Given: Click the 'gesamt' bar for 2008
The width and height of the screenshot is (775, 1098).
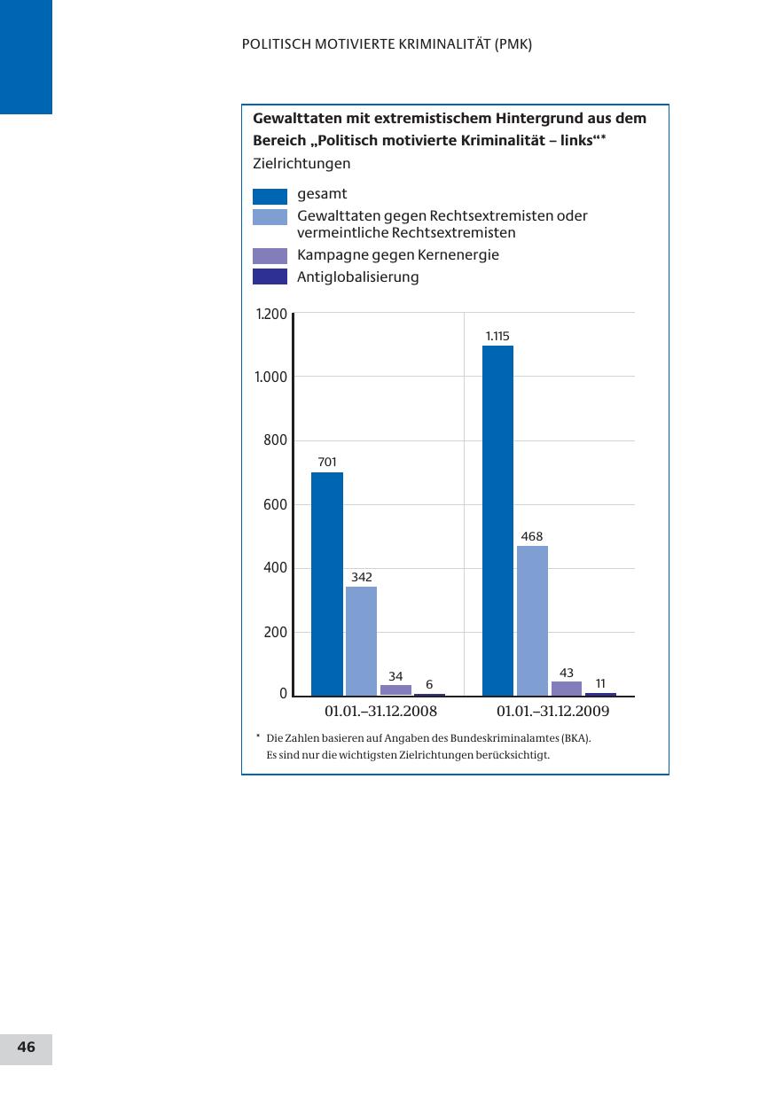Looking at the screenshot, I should click(x=326, y=584).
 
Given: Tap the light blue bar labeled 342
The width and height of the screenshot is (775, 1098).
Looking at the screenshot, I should click(x=361, y=641).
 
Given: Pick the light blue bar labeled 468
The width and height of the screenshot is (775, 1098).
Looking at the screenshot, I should click(x=532, y=620).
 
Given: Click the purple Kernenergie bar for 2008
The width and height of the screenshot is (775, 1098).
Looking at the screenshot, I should click(x=395, y=689).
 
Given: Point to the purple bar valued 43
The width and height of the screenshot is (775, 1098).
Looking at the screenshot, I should click(x=567, y=688).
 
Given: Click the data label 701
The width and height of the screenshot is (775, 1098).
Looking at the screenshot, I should click(x=327, y=462).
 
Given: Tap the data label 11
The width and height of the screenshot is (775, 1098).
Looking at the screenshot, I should click(x=600, y=683).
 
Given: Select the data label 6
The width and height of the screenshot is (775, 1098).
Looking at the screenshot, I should click(x=429, y=684).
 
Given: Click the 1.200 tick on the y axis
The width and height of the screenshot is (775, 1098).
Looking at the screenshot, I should click(x=271, y=314).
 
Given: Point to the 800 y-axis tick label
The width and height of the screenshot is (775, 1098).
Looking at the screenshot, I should click(x=276, y=440).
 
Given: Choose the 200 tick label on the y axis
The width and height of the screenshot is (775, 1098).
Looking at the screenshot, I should click(x=276, y=632).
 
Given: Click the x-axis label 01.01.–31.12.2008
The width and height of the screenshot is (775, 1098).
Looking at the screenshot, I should click(x=381, y=712).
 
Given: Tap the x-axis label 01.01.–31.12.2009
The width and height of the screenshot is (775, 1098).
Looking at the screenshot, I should click(x=553, y=712).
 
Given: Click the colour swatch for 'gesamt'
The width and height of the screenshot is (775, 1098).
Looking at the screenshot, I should click(x=270, y=196).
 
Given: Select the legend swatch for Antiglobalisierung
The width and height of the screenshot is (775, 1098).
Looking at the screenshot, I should click(x=270, y=277).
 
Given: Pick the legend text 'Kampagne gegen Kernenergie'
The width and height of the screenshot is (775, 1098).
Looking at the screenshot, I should click(x=398, y=255).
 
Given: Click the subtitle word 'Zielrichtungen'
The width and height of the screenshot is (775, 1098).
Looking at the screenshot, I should click(x=301, y=164).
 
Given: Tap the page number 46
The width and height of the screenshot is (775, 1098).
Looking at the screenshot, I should click(x=27, y=1047).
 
